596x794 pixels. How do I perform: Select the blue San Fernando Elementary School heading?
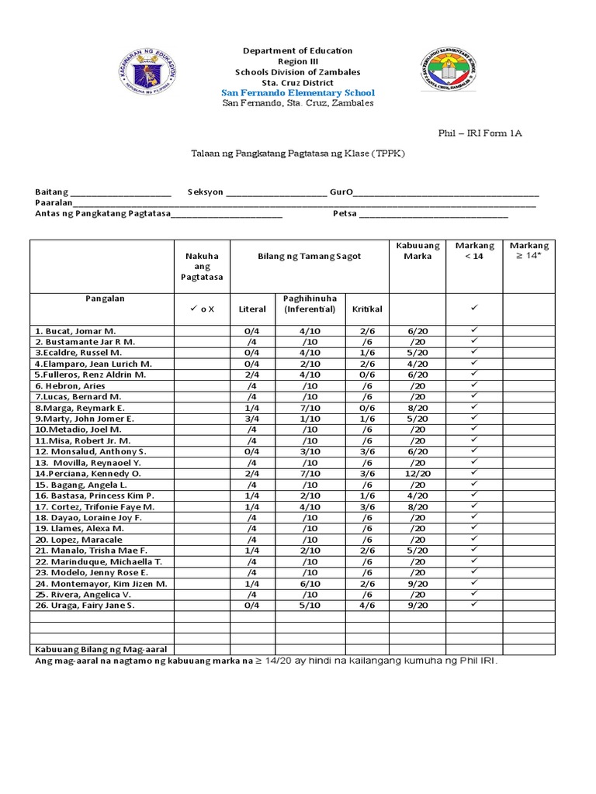[x=298, y=93]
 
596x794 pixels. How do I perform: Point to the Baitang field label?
[x=51, y=192]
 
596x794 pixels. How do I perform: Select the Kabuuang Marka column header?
[x=418, y=251]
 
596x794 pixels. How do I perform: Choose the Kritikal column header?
[x=367, y=309]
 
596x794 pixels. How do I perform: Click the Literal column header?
[x=252, y=309]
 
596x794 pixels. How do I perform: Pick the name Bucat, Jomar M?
[x=74, y=330]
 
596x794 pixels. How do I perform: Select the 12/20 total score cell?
[x=418, y=473]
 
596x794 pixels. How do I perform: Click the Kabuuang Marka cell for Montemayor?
[x=418, y=583]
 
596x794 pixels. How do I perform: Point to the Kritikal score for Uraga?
[x=367, y=605]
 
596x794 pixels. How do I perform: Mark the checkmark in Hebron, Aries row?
[x=474, y=385]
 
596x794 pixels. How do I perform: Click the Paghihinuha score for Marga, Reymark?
[x=309, y=407]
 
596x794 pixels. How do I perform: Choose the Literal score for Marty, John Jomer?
[x=252, y=418]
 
